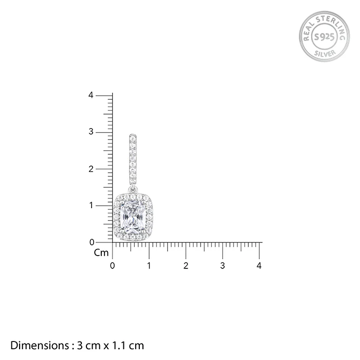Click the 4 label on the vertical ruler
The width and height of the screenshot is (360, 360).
91,95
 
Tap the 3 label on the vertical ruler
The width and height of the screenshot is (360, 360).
91,132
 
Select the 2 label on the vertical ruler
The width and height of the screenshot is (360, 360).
91,169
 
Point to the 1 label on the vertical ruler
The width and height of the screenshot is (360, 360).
91,205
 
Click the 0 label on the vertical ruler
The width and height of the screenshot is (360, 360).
92,242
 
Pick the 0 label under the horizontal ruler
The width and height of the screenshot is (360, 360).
112,266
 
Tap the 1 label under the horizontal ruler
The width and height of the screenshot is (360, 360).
149,266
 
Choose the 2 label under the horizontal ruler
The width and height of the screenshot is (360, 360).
186,266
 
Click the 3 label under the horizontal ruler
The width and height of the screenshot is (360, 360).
223,266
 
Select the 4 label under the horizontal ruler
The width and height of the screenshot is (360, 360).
259,266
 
